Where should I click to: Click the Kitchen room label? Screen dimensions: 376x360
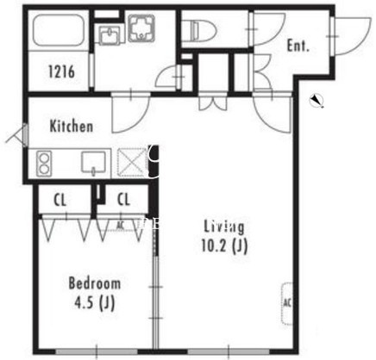point(72,127)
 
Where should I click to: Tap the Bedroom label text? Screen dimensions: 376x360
point(95,283)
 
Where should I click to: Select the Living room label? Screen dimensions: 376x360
point(224,227)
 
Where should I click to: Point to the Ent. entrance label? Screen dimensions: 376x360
point(298,46)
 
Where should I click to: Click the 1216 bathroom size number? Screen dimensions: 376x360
point(61,71)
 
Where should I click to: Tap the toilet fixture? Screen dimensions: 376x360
point(203,29)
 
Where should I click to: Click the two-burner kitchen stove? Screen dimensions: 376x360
point(44,164)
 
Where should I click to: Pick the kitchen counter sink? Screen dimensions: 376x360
point(93,163)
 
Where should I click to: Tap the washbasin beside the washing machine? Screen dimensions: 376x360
point(110,34)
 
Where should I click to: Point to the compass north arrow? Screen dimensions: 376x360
point(316,101)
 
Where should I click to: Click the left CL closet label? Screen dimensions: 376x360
point(60,200)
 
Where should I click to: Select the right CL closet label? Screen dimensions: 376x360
point(123,199)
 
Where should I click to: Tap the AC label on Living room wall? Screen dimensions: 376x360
point(287,302)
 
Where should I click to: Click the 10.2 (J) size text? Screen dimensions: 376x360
point(224,245)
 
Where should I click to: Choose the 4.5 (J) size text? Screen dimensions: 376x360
point(95,302)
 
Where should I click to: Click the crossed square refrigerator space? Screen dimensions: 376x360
point(132,163)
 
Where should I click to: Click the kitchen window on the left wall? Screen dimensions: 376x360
point(26,134)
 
